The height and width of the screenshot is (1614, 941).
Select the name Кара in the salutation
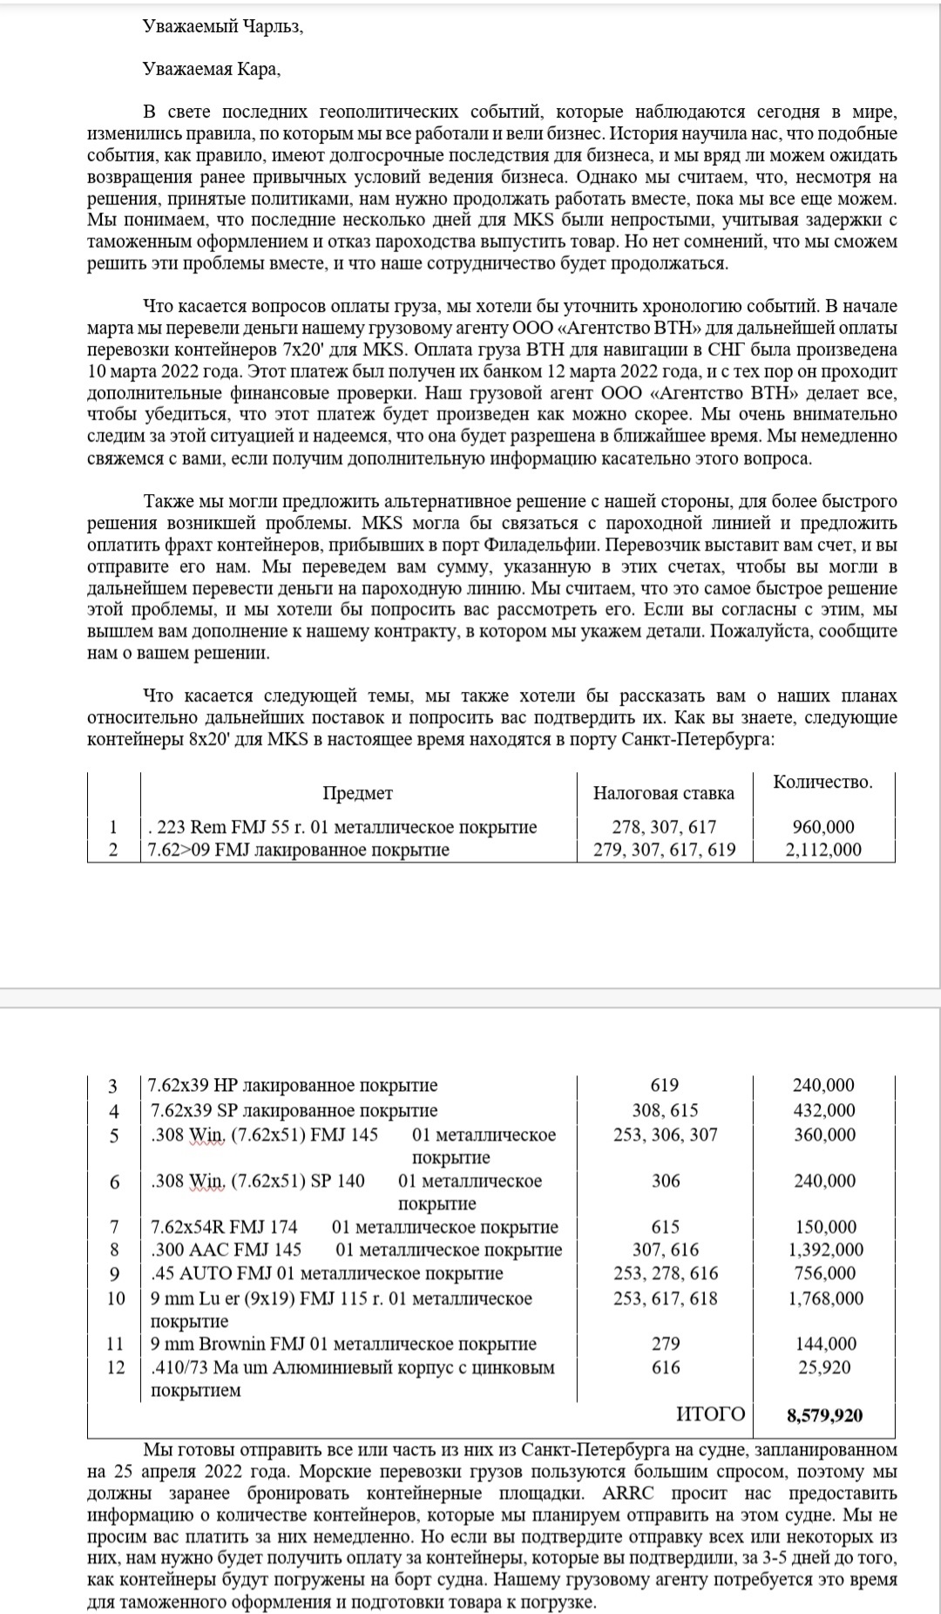[x=257, y=71]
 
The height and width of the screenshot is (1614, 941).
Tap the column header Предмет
[x=357, y=793]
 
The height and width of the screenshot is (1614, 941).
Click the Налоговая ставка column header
[x=663, y=793]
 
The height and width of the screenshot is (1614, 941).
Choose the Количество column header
[x=823, y=782]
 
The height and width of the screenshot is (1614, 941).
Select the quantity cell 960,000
[x=823, y=827]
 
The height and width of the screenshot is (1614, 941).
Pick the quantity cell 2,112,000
[x=823, y=850]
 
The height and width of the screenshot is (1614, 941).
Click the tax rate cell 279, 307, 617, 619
[x=664, y=850]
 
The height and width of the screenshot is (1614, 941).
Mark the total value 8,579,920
[x=824, y=1415]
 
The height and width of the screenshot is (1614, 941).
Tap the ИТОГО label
[x=711, y=1414]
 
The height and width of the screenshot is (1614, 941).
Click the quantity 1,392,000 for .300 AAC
[x=825, y=1250]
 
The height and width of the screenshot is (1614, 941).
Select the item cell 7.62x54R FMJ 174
[x=224, y=1227]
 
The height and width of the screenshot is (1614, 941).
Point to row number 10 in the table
[x=116, y=1299]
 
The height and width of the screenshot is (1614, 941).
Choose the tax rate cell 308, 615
[x=665, y=1110]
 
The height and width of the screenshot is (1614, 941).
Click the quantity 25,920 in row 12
[x=824, y=1367]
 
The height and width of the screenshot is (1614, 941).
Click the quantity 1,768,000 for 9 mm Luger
[x=825, y=1299]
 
